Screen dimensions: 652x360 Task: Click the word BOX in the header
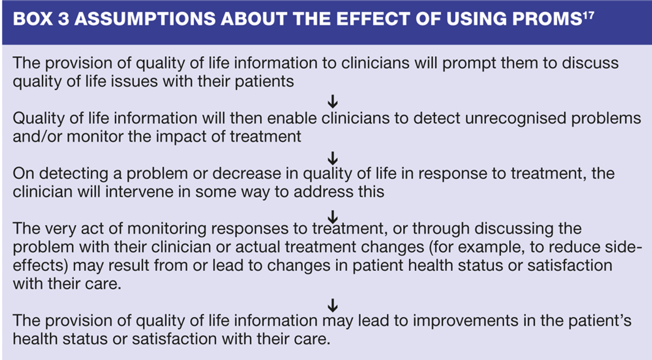pyautogui.click(x=33, y=19)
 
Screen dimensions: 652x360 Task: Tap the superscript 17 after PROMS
pyautogui.click(x=588, y=16)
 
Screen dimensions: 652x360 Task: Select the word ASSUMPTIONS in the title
pyautogui.click(x=145, y=19)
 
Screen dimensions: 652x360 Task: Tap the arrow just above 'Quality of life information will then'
pyautogui.click(x=333, y=101)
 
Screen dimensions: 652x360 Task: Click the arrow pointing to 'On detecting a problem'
pyautogui.click(x=333, y=158)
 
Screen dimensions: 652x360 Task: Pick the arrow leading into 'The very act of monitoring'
pyautogui.click(x=333, y=217)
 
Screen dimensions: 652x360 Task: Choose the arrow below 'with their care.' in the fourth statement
pyautogui.click(x=333, y=305)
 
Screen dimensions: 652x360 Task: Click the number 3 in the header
pyautogui.click(x=64, y=19)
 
